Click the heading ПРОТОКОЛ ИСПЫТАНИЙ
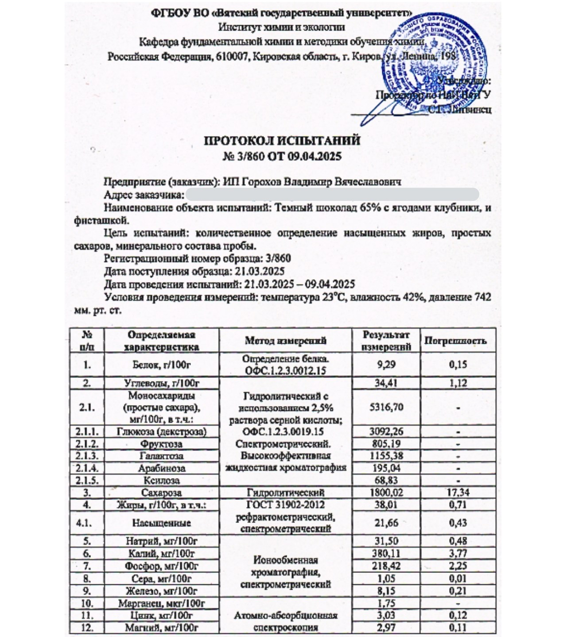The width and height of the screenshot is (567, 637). tap(282, 141)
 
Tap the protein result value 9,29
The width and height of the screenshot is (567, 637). tap(386, 365)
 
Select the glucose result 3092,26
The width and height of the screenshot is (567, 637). tap(386, 431)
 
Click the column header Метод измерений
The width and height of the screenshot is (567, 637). tap(286, 341)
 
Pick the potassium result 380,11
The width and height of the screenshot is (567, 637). tap(386, 553)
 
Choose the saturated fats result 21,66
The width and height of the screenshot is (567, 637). tap(386, 523)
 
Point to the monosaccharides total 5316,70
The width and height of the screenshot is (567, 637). tap(386, 407)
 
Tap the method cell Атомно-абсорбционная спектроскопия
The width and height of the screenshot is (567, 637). tap(286, 621)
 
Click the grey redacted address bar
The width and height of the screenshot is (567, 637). tap(332, 195)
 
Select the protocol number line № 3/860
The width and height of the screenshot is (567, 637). tap(282, 156)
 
